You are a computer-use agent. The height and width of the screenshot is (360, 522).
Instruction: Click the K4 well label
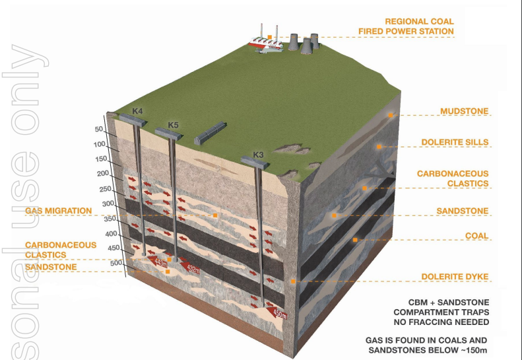pyautogui.click(x=137, y=110)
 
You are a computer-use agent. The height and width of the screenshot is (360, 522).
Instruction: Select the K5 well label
pyautogui.click(x=173, y=125)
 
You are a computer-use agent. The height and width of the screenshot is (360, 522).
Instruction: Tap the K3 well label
pyautogui.click(x=259, y=155)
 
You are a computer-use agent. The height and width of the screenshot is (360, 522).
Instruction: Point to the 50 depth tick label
pyautogui.click(x=100, y=129)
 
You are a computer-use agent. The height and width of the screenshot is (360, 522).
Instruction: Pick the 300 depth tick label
pyautogui.click(x=108, y=204)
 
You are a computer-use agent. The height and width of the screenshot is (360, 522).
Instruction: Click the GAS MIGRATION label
pyautogui.click(x=58, y=211)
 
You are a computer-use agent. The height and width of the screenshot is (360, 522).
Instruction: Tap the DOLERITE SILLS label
pyautogui.click(x=455, y=142)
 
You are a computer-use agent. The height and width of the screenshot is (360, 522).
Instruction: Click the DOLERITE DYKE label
pyautogui.click(x=455, y=276)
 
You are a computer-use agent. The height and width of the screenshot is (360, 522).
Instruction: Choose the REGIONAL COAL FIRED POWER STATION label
pyautogui.click(x=406, y=26)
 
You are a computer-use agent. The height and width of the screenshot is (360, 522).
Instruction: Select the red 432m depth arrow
pyautogui.click(x=191, y=269)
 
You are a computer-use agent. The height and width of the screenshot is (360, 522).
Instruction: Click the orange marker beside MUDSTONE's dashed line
pyautogui.click(x=391, y=115)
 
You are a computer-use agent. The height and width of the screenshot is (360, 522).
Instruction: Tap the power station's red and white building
pyautogui.click(x=266, y=44)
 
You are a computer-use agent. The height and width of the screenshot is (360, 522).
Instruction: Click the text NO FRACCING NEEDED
pyautogui.click(x=441, y=322)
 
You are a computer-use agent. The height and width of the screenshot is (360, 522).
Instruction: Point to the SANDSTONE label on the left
pyautogui.click(x=51, y=267)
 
